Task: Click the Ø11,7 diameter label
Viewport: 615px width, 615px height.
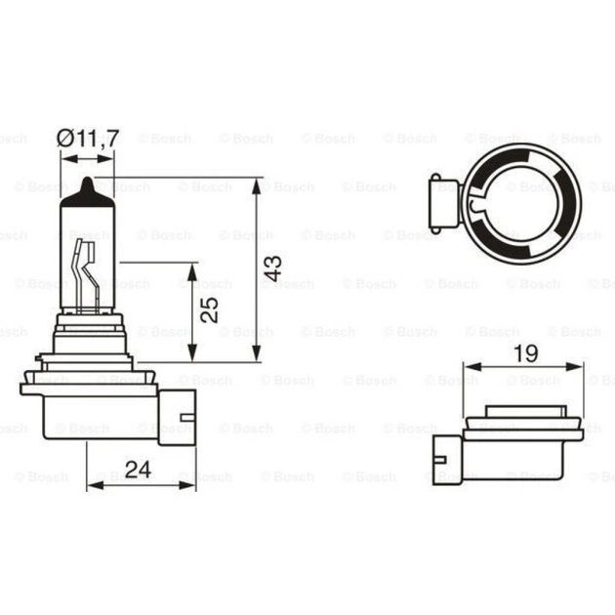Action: coord(89,139)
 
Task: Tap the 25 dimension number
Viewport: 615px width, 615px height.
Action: coord(209,310)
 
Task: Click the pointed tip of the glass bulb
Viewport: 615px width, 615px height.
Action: coord(90,182)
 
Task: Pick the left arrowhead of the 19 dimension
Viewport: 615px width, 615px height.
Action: coord(470,370)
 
